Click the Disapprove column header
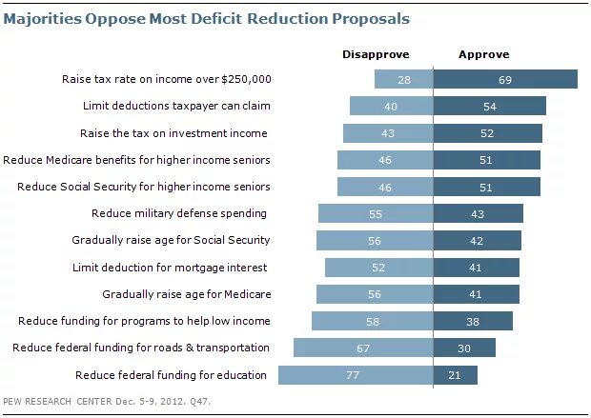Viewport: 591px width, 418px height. [377, 55]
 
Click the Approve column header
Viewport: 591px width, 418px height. [485, 55]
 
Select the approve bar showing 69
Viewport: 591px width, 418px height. [505, 79]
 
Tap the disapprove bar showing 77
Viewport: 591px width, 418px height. [356, 375]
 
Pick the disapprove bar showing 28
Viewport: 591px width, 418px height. [404, 79]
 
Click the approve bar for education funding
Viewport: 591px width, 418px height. [456, 375]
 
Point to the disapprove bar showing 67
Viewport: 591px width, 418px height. [363, 348]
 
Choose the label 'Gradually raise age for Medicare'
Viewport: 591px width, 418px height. [182, 294]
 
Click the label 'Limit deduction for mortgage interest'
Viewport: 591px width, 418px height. [171, 268]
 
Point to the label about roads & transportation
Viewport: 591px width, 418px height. [141, 348]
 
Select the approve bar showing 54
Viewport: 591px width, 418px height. [489, 107]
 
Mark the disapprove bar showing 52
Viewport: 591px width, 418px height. [379, 268]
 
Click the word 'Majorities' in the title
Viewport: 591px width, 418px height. [56, 17]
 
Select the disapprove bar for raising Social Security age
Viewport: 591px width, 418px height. [375, 240]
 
